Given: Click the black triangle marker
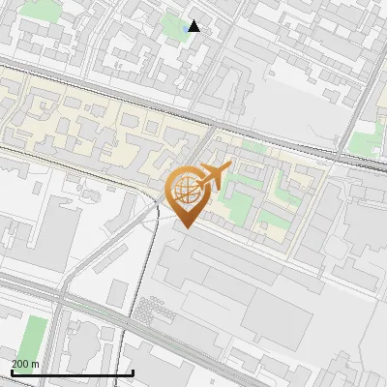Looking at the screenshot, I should tap(194, 26).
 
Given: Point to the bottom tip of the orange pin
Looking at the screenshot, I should tap(185, 228).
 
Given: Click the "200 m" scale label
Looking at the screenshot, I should tap(25, 364).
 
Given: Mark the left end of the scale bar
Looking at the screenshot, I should tap(12, 372).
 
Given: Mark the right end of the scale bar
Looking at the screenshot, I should tap(133, 372).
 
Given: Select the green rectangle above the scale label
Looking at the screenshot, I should tap(34, 334).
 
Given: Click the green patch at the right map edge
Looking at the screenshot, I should tap(366, 142).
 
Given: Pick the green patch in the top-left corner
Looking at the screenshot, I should tap(39, 9).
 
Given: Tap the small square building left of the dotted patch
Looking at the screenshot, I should tap(119, 292).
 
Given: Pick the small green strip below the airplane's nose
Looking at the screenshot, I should tap(253, 147).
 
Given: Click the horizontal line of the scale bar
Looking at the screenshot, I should tap(73, 372).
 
